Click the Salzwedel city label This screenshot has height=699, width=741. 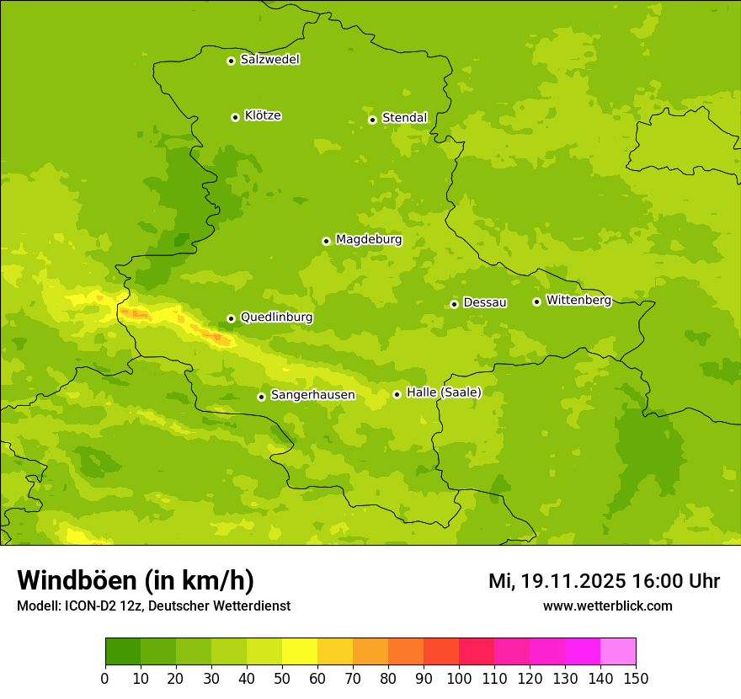pyautogui.click(x=269, y=60)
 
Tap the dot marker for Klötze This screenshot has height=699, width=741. pyautogui.click(x=235, y=117)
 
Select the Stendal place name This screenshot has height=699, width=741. pyautogui.click(x=404, y=118)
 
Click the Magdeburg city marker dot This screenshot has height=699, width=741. pyautogui.click(x=326, y=241)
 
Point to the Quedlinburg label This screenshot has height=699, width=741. pyautogui.click(x=276, y=317)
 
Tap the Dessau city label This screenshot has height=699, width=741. pyautogui.click(x=485, y=302)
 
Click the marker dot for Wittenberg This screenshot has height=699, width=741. pyautogui.click(x=536, y=301)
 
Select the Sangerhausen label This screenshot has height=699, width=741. pyautogui.click(x=312, y=395)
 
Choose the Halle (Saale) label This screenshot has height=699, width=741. pyautogui.click(x=444, y=392)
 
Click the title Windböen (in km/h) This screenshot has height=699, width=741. pyautogui.click(x=136, y=581)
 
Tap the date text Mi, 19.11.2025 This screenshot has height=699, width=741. pyautogui.click(x=557, y=581)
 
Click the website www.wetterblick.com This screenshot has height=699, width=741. pyautogui.click(x=607, y=606)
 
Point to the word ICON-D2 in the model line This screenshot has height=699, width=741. pyautogui.click(x=90, y=606)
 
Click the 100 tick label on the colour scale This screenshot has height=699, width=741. pyautogui.click(x=459, y=678)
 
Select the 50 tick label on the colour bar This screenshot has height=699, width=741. pyautogui.click(x=282, y=678)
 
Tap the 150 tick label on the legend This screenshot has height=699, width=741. pyautogui.click(x=636, y=678)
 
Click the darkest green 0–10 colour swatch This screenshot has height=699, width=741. pyautogui.click(x=123, y=652)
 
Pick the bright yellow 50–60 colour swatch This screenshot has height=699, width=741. pyautogui.click(x=300, y=652)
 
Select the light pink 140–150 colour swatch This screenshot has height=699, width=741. pyautogui.click(x=618, y=652)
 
